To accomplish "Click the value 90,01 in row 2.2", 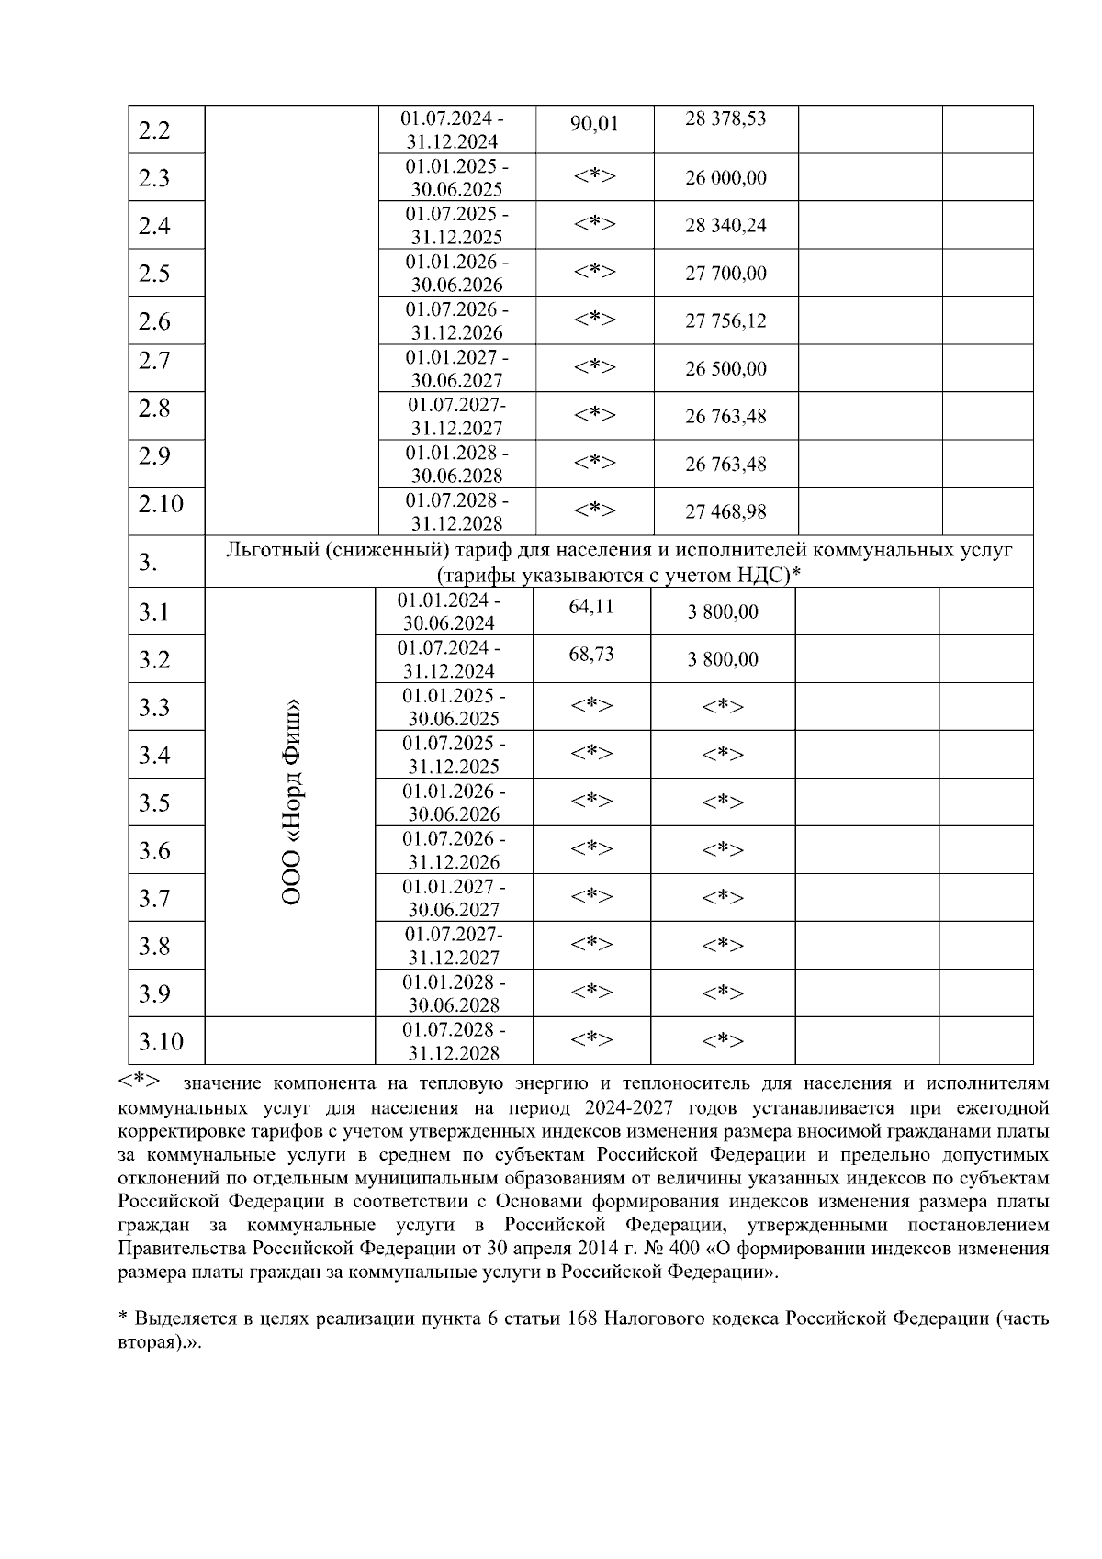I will (x=594, y=124).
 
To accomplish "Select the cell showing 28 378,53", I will (x=725, y=118).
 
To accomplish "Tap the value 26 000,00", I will (x=725, y=178).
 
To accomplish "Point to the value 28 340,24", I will (x=725, y=226).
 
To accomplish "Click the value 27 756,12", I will (x=725, y=321).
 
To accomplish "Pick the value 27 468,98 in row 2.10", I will (x=725, y=512).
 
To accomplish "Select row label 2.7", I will (x=154, y=361).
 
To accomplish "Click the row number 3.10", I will (x=161, y=1042).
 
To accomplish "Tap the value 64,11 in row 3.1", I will (x=591, y=606).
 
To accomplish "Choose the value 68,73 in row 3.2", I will (x=591, y=654).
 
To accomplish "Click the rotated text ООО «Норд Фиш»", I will (x=291, y=802).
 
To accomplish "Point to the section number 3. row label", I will (x=149, y=562).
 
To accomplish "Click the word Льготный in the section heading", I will (x=271, y=550).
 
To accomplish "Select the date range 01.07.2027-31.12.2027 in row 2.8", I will (x=456, y=416).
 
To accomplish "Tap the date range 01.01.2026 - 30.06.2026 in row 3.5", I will (x=454, y=802).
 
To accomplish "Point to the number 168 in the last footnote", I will (x=584, y=1318).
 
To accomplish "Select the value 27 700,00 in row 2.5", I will (x=725, y=274).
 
